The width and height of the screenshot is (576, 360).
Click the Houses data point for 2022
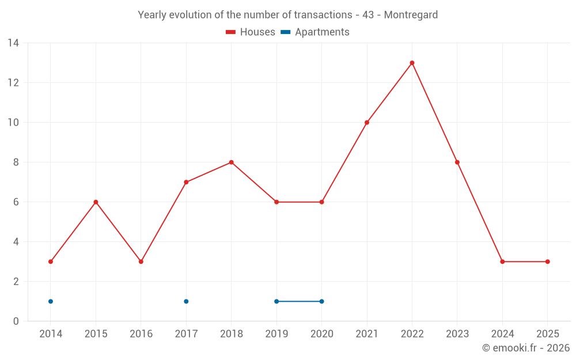point(412,63)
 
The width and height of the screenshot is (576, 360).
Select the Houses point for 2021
point(367,123)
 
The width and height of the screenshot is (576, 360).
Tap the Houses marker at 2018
point(231,162)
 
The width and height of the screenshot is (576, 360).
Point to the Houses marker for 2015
point(96,202)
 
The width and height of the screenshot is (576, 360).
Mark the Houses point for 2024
point(502,262)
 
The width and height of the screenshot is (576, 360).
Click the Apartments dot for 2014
point(51,301)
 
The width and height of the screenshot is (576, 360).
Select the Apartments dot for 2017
point(186,301)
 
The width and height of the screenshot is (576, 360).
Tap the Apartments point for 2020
point(321,301)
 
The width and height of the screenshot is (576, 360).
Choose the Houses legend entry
point(251,32)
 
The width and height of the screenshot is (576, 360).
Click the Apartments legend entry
point(316,32)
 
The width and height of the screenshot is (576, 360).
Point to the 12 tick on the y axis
point(13,83)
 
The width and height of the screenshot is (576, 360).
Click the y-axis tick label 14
point(13,43)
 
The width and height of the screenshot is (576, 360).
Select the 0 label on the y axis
point(16,321)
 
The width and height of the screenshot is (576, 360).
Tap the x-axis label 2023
point(457,334)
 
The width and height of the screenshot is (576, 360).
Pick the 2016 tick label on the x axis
point(141,334)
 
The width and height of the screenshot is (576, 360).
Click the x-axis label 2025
point(547,334)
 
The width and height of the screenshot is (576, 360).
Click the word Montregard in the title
point(411,15)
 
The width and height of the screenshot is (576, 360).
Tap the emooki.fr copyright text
point(526,348)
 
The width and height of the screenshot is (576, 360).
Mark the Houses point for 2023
point(457,162)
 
